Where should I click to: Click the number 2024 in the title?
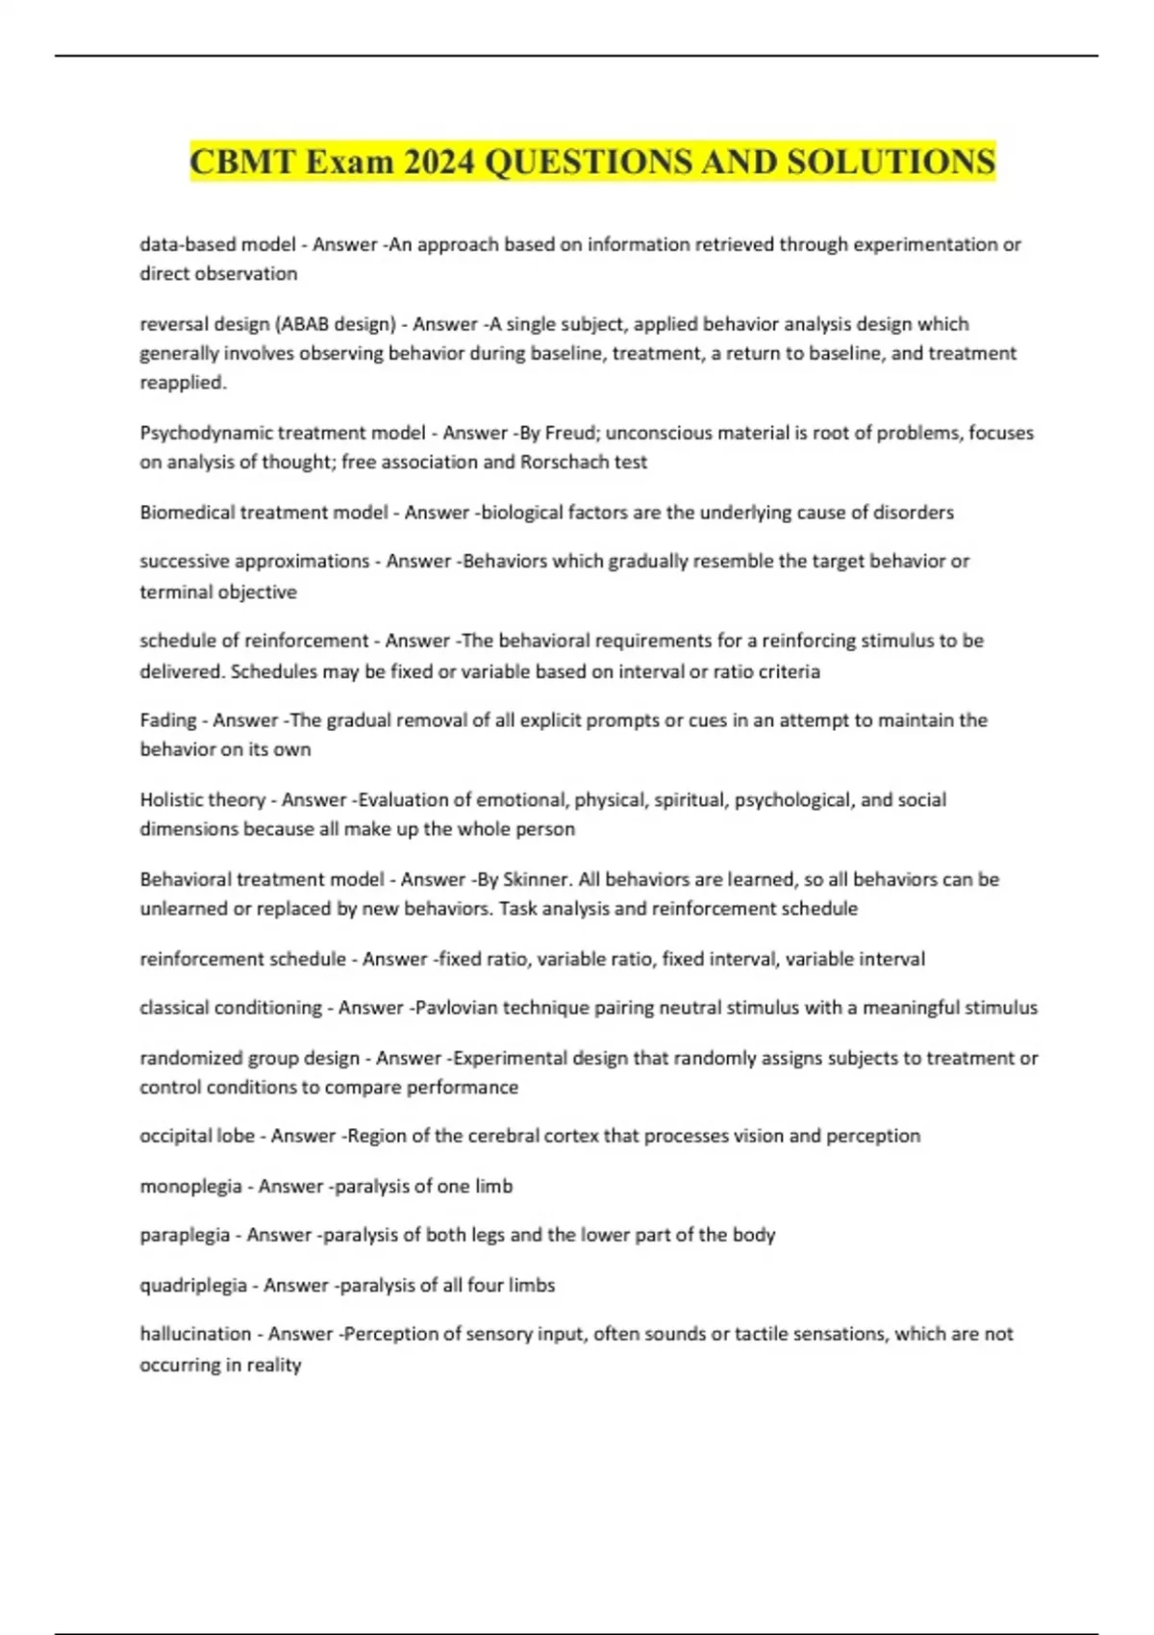(439, 162)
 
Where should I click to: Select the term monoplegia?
(190, 1186)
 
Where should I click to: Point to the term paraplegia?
(185, 1235)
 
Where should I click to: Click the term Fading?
(168, 720)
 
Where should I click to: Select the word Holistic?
(174, 800)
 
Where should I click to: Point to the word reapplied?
(183, 383)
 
